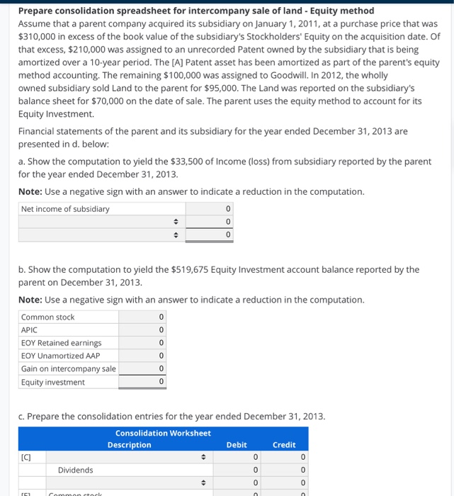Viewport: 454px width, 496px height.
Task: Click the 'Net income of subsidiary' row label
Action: (x=65, y=209)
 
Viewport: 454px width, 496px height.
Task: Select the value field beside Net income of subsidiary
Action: (x=210, y=209)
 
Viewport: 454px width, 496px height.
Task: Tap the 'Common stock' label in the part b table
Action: (x=47, y=317)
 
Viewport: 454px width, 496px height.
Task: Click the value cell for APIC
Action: (x=143, y=330)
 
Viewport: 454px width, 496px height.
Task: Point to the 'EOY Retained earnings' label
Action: (x=61, y=343)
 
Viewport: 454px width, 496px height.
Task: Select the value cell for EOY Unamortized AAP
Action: (x=143, y=356)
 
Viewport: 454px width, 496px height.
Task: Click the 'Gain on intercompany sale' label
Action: (x=68, y=368)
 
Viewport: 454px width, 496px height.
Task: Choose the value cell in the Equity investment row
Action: (x=143, y=382)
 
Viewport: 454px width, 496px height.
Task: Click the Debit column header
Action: (x=237, y=445)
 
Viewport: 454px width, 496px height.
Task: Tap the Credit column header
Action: (x=284, y=445)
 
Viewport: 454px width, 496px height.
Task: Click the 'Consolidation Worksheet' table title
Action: (x=163, y=433)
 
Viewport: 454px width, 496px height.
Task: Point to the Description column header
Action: (x=129, y=445)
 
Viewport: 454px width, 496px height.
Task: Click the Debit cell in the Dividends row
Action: (x=237, y=470)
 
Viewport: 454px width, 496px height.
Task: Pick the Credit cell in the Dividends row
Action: (x=285, y=470)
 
